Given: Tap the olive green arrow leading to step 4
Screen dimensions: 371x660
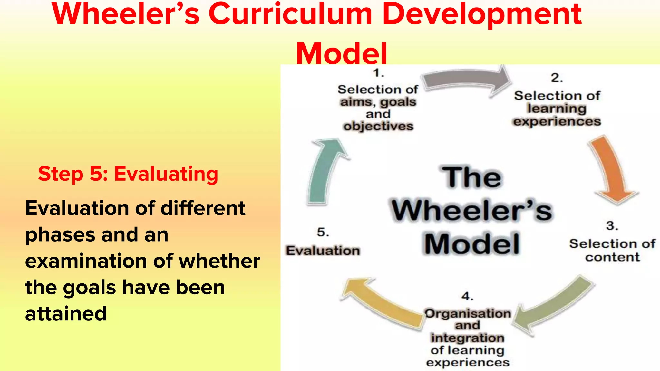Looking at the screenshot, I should pyautogui.click(x=554, y=304).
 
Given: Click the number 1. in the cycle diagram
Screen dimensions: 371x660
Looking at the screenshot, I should pyautogui.click(x=379, y=73).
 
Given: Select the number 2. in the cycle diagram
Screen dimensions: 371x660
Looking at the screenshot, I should pyautogui.click(x=557, y=78).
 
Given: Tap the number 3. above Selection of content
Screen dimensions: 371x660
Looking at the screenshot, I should pyautogui.click(x=612, y=226).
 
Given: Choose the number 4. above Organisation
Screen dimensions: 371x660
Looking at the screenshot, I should pyautogui.click(x=467, y=296).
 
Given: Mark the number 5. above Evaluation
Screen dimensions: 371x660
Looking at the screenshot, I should pyautogui.click(x=323, y=232).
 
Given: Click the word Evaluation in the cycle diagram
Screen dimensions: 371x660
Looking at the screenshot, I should pyautogui.click(x=323, y=251).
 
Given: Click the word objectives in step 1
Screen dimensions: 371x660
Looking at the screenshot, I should pyautogui.click(x=378, y=126).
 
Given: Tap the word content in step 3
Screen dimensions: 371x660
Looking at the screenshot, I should pyautogui.click(x=612, y=257).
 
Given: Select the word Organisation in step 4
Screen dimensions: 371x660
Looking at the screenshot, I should pyautogui.click(x=468, y=313).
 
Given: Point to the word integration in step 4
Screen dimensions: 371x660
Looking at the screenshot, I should pyautogui.click(x=468, y=338).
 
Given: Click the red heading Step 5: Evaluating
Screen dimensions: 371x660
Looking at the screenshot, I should pyautogui.click(x=128, y=174).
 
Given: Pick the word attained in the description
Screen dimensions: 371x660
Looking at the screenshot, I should pyautogui.click(x=66, y=314).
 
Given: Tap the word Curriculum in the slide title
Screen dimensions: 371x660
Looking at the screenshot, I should pyautogui.click(x=290, y=14).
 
